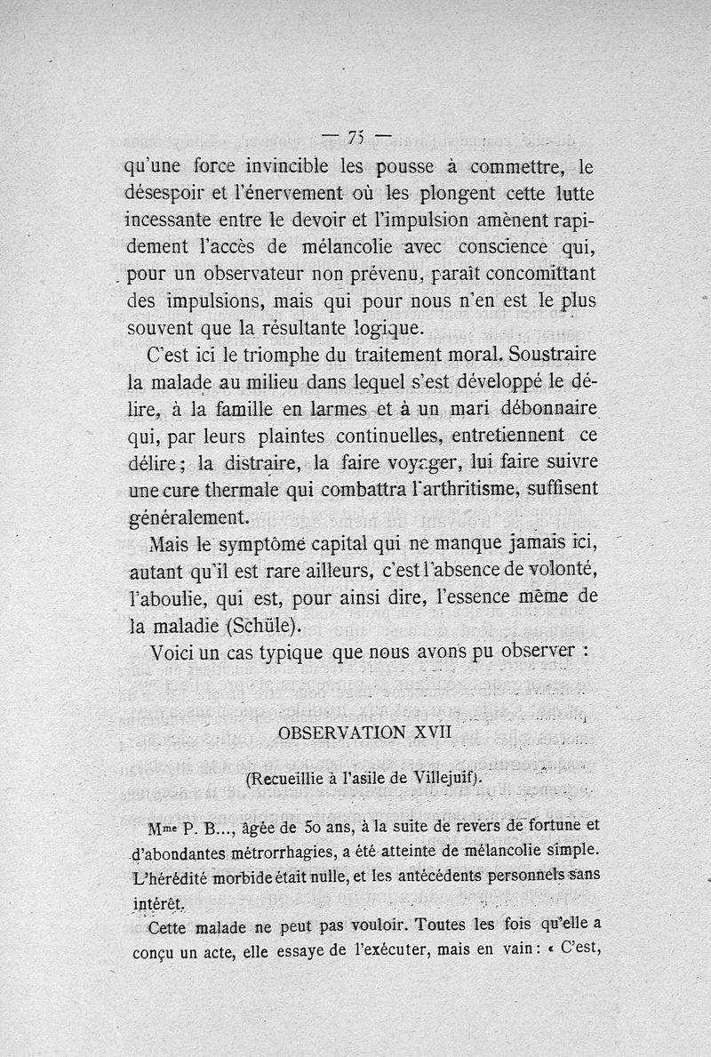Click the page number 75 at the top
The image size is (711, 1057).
click(356, 136)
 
